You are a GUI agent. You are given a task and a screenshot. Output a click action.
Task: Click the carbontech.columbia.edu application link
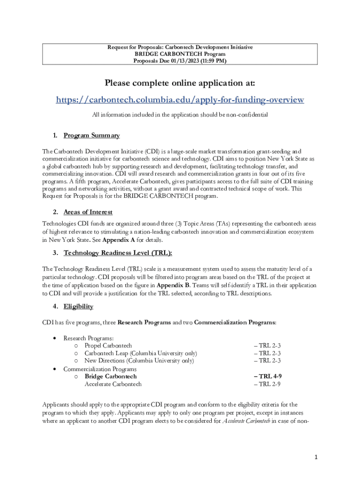180,100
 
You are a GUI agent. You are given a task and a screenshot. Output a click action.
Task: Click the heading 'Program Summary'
92,136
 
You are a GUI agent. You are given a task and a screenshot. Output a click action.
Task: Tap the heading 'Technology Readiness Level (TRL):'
118,253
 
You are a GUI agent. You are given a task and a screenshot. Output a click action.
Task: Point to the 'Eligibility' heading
78,306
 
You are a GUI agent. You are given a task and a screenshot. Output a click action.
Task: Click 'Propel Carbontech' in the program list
108,346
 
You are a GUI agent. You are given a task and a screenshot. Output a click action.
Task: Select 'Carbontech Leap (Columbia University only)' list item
140,353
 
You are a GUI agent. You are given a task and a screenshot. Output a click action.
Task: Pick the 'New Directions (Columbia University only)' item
139,361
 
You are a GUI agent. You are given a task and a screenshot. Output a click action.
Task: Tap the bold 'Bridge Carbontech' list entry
110,376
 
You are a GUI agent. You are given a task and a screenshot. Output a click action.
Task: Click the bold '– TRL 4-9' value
267,376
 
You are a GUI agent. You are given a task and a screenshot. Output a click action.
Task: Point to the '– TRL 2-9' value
267,384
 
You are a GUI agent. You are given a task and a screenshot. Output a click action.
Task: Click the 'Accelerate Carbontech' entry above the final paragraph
113,384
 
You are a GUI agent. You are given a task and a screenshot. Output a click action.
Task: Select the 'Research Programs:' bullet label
88,338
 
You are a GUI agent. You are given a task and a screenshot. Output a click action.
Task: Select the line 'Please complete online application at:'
180,83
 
